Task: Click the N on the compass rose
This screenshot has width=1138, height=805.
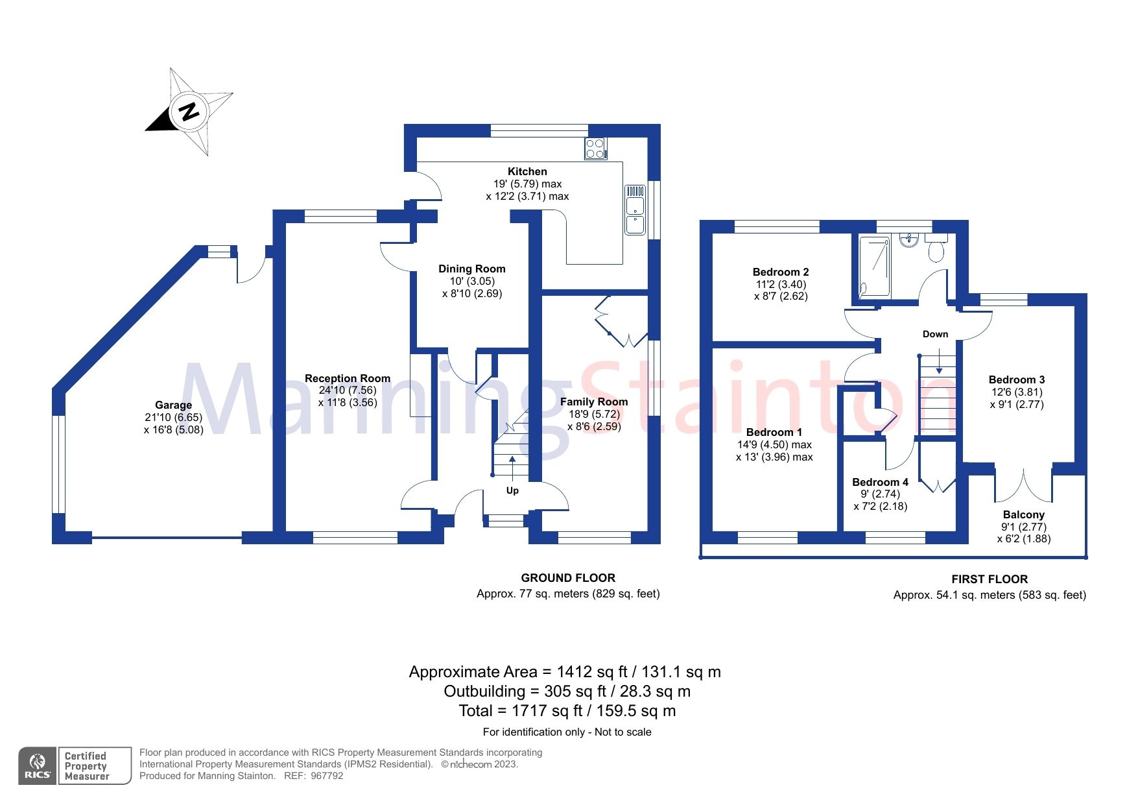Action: (x=189, y=112)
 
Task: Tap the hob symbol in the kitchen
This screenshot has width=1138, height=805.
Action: (x=595, y=149)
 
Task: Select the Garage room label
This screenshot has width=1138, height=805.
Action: (x=173, y=405)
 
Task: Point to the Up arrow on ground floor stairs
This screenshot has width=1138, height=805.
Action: (x=512, y=466)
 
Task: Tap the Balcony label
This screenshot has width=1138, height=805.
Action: (x=1023, y=514)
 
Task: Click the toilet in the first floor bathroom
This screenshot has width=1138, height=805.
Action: (x=936, y=248)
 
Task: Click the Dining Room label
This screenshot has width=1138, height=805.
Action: (x=471, y=269)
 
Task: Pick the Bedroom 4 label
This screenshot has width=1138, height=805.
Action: (x=880, y=482)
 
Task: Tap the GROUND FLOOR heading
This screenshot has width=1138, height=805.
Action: (x=568, y=578)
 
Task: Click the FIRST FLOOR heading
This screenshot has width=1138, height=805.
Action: (x=990, y=579)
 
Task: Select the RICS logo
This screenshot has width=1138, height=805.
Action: (x=38, y=766)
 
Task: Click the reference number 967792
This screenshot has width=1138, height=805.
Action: (x=327, y=776)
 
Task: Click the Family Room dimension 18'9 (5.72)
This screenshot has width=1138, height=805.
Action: (x=594, y=414)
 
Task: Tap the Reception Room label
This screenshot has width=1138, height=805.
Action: (x=348, y=378)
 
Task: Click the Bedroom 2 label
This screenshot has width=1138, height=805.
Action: (x=780, y=272)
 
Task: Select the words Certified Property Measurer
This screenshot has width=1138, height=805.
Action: (x=88, y=766)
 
